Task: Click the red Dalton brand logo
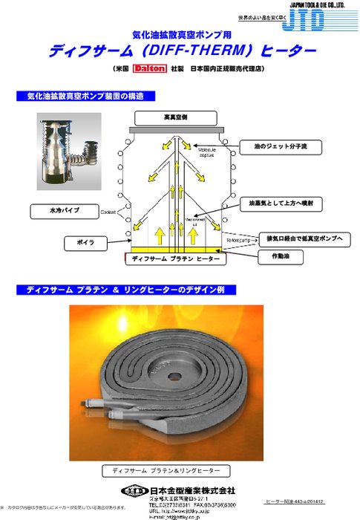[147, 71]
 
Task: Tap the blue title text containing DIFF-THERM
[183, 52]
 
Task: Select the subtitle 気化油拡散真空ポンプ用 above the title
[182, 34]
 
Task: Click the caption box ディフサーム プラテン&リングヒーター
[161, 470]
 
